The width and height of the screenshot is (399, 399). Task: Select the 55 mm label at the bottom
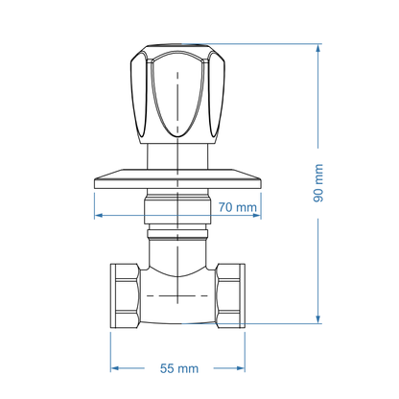177,368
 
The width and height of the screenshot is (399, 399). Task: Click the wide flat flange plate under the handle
177,177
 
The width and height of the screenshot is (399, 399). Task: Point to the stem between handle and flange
177,156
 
